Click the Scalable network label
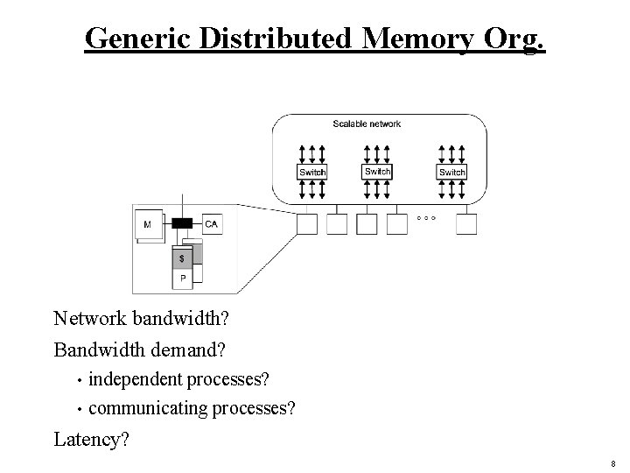(367, 124)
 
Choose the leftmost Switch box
(312, 172)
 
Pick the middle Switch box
(377, 171)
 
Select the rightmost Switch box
(451, 172)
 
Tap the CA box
(212, 225)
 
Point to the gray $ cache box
(182, 258)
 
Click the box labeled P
(182, 279)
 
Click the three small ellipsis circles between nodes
(426, 216)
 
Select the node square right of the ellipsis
(466, 225)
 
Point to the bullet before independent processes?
(80, 381)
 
